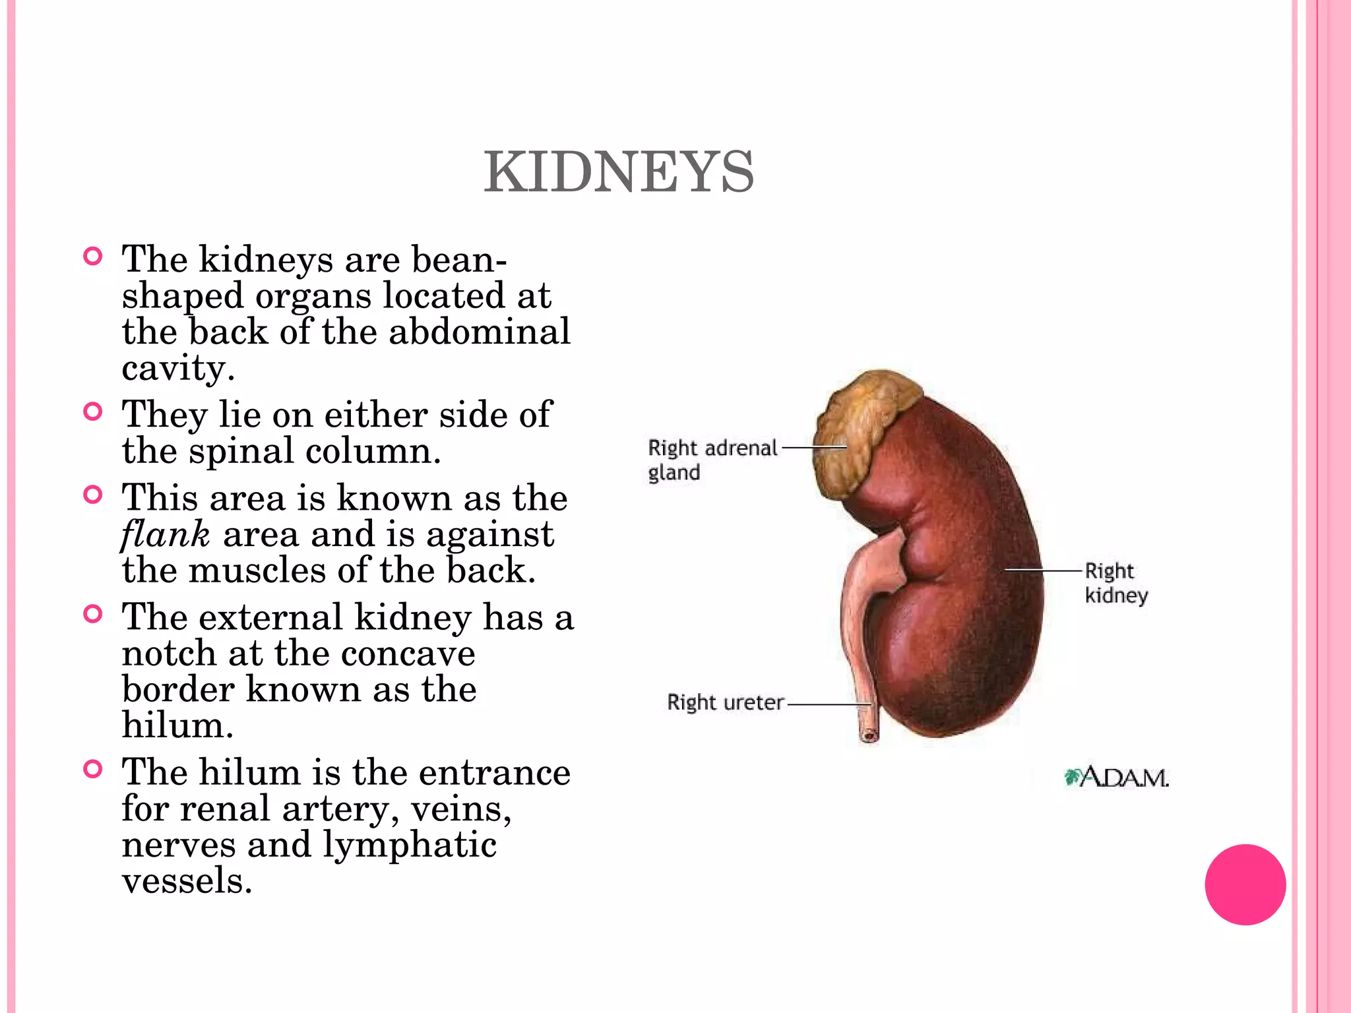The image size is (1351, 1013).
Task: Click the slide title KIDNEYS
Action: (x=619, y=173)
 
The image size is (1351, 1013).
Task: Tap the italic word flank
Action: (x=166, y=534)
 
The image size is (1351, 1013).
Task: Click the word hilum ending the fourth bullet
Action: (x=177, y=725)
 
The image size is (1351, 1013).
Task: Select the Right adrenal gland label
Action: (x=712, y=460)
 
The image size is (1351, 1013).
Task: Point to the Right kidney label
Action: (x=1116, y=582)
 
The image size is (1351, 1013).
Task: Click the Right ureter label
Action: (x=725, y=702)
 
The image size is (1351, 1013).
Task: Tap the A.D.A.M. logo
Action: (x=1117, y=778)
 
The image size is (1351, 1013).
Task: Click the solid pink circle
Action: (x=1245, y=884)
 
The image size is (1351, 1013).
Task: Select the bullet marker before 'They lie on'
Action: (x=94, y=412)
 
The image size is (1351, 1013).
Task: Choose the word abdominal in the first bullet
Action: (x=480, y=331)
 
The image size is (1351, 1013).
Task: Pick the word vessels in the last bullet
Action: (x=187, y=881)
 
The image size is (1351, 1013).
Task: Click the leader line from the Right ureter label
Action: (x=828, y=704)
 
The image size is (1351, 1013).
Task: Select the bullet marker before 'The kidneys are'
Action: (x=94, y=257)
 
